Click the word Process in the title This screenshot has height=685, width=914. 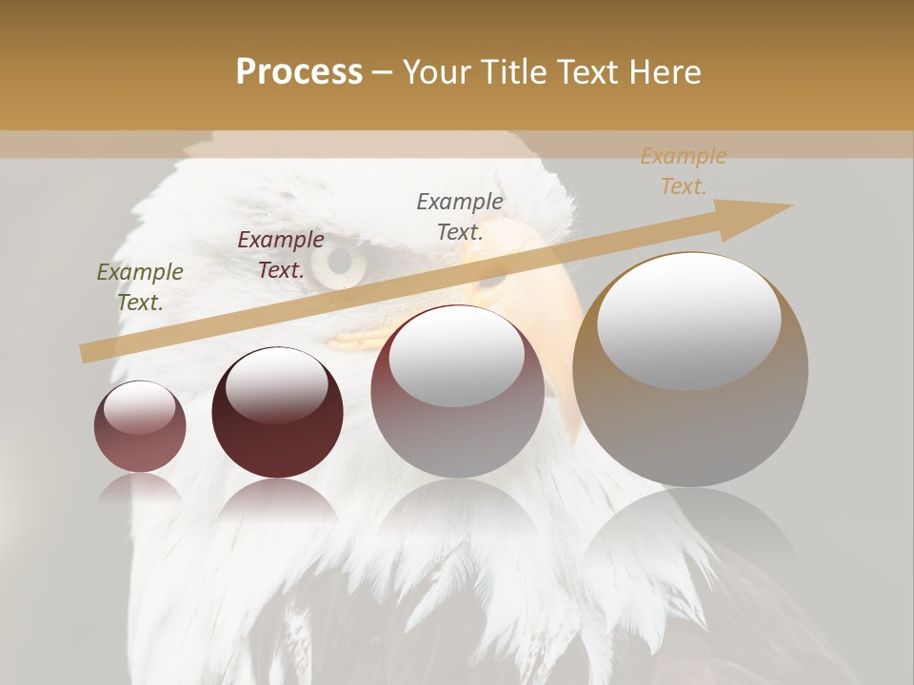coord(299,72)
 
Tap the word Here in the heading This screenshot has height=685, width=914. coord(663,72)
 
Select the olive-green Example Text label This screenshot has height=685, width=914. coord(140,287)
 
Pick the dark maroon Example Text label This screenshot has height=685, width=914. coord(280,255)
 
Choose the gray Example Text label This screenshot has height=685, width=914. coord(460,216)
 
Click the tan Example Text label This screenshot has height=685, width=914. coord(683,171)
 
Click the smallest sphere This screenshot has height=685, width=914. coord(140,426)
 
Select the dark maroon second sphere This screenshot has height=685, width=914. coord(277,413)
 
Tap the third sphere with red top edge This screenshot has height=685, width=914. coord(457,392)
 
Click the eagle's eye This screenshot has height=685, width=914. coord(337,264)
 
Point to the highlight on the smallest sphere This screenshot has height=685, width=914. coord(139,407)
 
